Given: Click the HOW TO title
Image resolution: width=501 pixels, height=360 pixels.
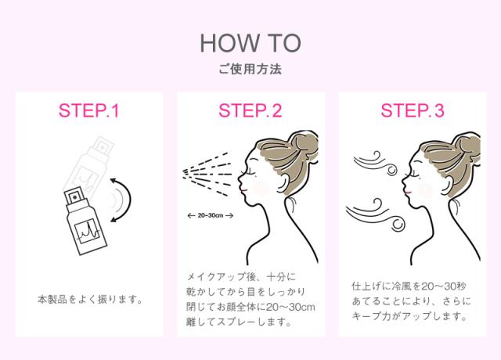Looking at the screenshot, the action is click(x=250, y=43).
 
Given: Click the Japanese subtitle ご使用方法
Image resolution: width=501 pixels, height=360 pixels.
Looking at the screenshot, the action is click(x=250, y=69).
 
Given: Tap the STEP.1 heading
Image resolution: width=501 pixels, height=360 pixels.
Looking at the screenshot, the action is click(x=88, y=110).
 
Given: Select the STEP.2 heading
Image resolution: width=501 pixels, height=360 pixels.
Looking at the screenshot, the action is click(x=250, y=110).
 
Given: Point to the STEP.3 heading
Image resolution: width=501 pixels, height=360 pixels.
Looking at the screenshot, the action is click(x=413, y=110).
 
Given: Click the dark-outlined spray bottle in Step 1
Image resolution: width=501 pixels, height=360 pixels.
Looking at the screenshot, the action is click(x=85, y=221).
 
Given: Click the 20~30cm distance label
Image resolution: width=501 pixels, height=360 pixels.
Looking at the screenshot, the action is click(x=211, y=216).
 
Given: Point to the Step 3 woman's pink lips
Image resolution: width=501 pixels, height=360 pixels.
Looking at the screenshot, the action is click(x=408, y=193).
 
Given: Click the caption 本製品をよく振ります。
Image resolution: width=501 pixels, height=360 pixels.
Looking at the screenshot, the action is click(x=90, y=300).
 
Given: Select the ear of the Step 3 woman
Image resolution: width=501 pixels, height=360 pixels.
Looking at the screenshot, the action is click(x=444, y=185).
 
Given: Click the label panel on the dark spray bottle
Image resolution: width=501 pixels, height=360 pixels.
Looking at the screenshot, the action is click(x=87, y=232).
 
